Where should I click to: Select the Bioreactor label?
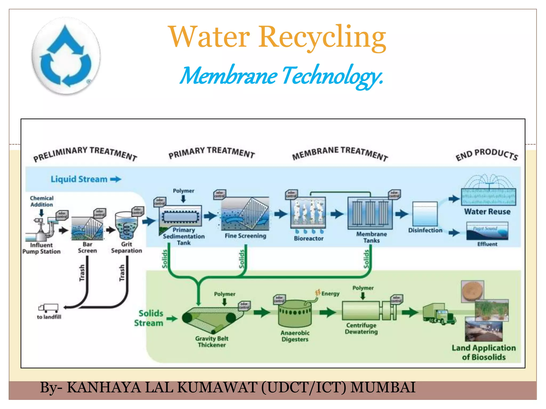pyautogui.click(x=308, y=239)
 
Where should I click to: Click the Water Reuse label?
pyautogui.click(x=487, y=212)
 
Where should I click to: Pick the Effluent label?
pyautogui.click(x=487, y=244)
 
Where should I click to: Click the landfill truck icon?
pyautogui.click(x=48, y=308)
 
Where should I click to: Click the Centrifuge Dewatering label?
pyautogui.click(x=361, y=329)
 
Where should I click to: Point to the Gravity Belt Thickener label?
pyautogui.click(x=212, y=342)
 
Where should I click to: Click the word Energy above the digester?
pyautogui.click(x=330, y=294)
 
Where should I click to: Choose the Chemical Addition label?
pyautogui.click(x=42, y=201)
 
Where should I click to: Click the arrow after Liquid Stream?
pyautogui.click(x=116, y=179)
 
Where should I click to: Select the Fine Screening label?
pyautogui.click(x=245, y=236)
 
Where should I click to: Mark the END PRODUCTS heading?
pyautogui.click(x=487, y=154)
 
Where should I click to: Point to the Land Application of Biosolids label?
pyautogui.click(x=484, y=353)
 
